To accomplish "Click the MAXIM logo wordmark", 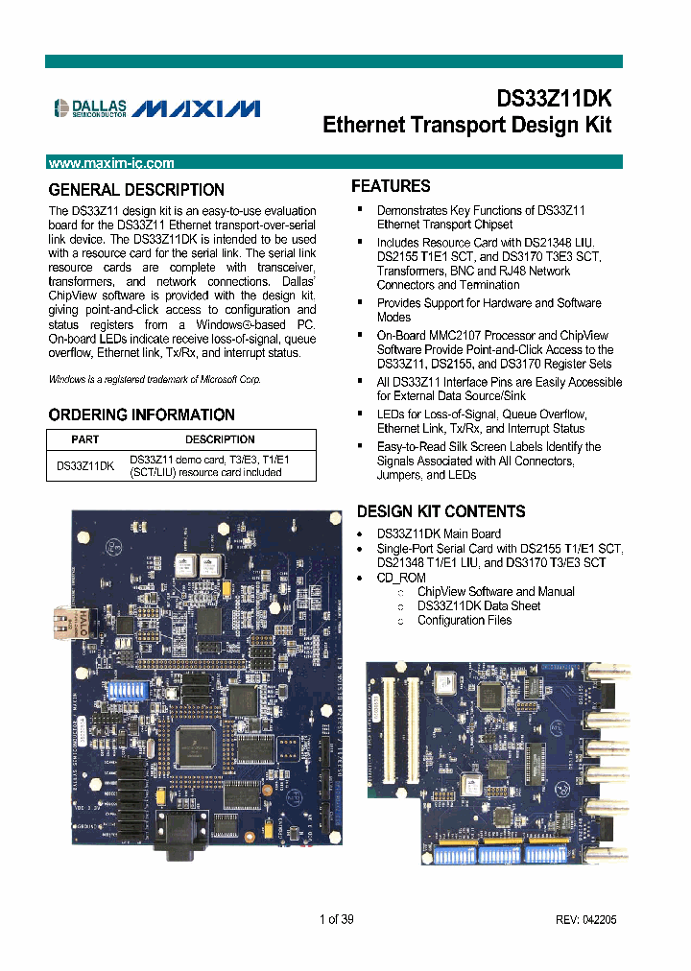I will pyautogui.click(x=196, y=109).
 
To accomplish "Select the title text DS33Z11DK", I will pyautogui.click(x=553, y=99).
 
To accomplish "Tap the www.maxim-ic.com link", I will pyautogui.click(x=110, y=163).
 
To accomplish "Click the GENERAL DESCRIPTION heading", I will pyautogui.click(x=136, y=190).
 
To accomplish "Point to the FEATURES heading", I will pyautogui.click(x=391, y=186).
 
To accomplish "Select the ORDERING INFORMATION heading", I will pyautogui.click(x=141, y=414).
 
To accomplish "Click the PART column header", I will pyautogui.click(x=85, y=439).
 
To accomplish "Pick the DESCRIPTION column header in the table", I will pyautogui.click(x=220, y=439).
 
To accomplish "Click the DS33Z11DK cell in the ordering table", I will pyautogui.click(x=85, y=465).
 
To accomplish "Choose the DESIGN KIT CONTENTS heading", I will pyautogui.click(x=441, y=511).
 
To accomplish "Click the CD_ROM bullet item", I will pyautogui.click(x=401, y=578).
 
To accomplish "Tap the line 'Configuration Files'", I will pyautogui.click(x=464, y=620).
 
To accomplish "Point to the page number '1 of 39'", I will pyautogui.click(x=337, y=918).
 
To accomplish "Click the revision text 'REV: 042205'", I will pyautogui.click(x=585, y=919).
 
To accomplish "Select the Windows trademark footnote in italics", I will pyautogui.click(x=155, y=379).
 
